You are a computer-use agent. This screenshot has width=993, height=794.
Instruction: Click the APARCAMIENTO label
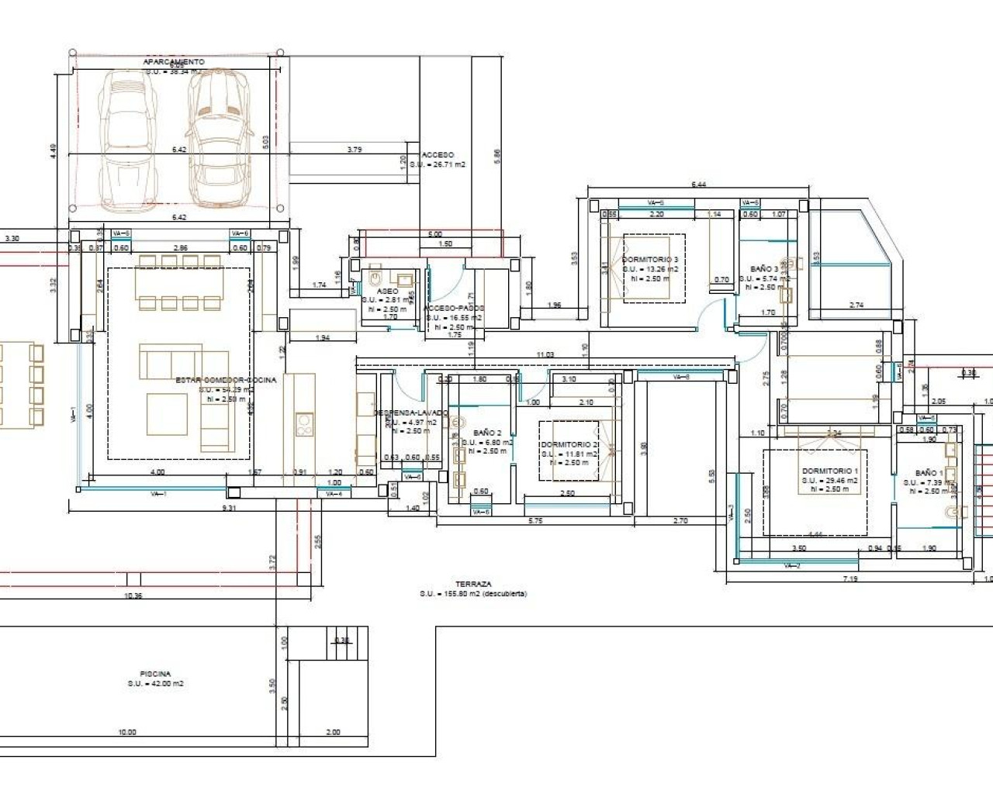[174, 61]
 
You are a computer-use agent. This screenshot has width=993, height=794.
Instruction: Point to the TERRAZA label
[473, 584]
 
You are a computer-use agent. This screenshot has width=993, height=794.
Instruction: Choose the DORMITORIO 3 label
[650, 260]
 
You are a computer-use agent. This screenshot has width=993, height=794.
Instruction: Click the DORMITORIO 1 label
[830, 471]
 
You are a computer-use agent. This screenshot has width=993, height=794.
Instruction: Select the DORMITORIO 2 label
[569, 445]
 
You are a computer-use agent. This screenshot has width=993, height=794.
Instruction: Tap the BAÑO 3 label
[764, 269]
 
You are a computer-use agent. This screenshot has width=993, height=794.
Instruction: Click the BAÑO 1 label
[929, 472]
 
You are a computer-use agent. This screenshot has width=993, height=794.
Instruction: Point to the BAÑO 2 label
[487, 433]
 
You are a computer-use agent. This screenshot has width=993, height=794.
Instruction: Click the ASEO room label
[387, 291]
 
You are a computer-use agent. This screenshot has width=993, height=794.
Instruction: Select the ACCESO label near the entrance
[438, 155]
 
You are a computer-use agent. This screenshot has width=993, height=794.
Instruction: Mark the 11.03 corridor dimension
[545, 354]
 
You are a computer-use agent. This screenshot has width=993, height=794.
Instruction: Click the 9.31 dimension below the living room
[229, 508]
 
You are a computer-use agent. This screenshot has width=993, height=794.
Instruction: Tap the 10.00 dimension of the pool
[126, 732]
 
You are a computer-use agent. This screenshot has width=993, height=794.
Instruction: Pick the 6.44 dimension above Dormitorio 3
[701, 185]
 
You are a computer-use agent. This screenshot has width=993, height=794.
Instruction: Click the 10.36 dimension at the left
[133, 595]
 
